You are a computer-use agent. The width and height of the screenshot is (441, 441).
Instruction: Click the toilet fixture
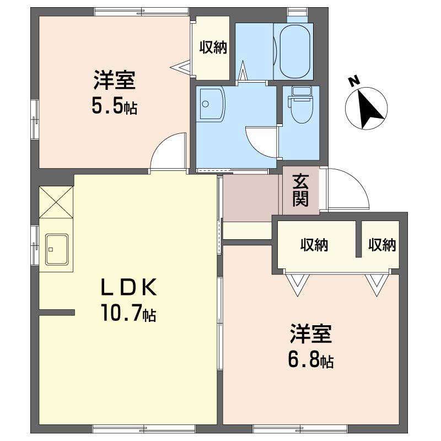(302, 105)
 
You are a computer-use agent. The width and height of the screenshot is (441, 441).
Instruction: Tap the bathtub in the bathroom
(295, 51)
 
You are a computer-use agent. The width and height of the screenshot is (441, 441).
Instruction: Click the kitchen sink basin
(57, 250)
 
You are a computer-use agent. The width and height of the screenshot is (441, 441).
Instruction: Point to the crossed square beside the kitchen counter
(56, 202)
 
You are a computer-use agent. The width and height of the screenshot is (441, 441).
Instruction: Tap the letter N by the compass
(354, 81)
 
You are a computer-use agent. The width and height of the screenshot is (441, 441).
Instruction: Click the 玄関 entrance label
(300, 190)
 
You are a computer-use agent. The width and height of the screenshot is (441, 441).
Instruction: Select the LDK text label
(128, 287)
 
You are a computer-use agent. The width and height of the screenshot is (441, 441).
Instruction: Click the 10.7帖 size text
(129, 313)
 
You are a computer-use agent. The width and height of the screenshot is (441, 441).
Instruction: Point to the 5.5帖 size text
(115, 106)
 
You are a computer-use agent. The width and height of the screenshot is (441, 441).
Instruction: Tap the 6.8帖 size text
(311, 360)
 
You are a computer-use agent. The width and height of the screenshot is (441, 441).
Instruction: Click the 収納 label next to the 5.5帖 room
(213, 47)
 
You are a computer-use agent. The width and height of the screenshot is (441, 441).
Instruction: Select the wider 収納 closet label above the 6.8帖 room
(314, 245)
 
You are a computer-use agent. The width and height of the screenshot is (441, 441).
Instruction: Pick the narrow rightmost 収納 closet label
(382, 245)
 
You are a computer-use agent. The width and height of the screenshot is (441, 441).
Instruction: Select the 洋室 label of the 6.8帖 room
(311, 334)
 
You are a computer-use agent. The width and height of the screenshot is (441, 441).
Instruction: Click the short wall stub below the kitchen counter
(57, 312)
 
